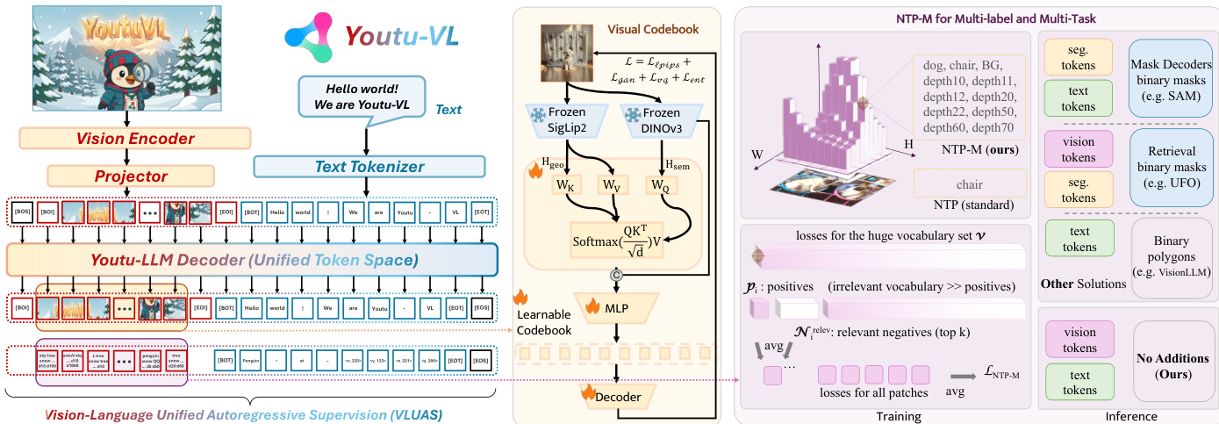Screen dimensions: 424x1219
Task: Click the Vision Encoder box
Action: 134,138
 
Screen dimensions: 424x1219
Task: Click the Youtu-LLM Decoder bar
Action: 251,259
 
